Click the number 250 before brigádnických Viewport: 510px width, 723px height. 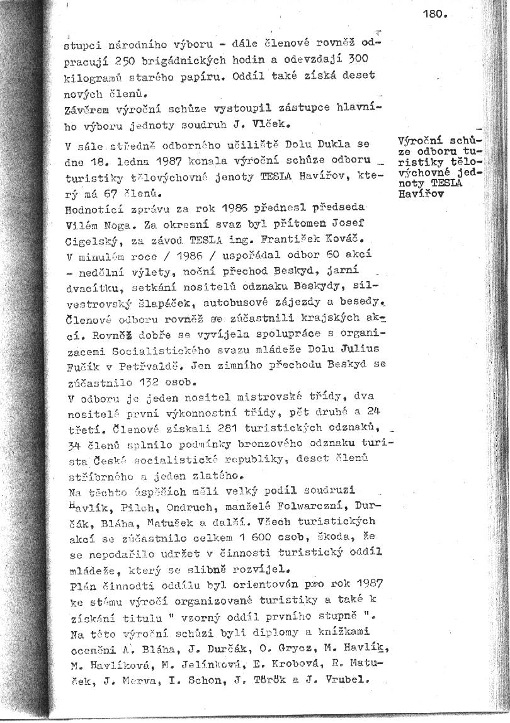153,60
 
